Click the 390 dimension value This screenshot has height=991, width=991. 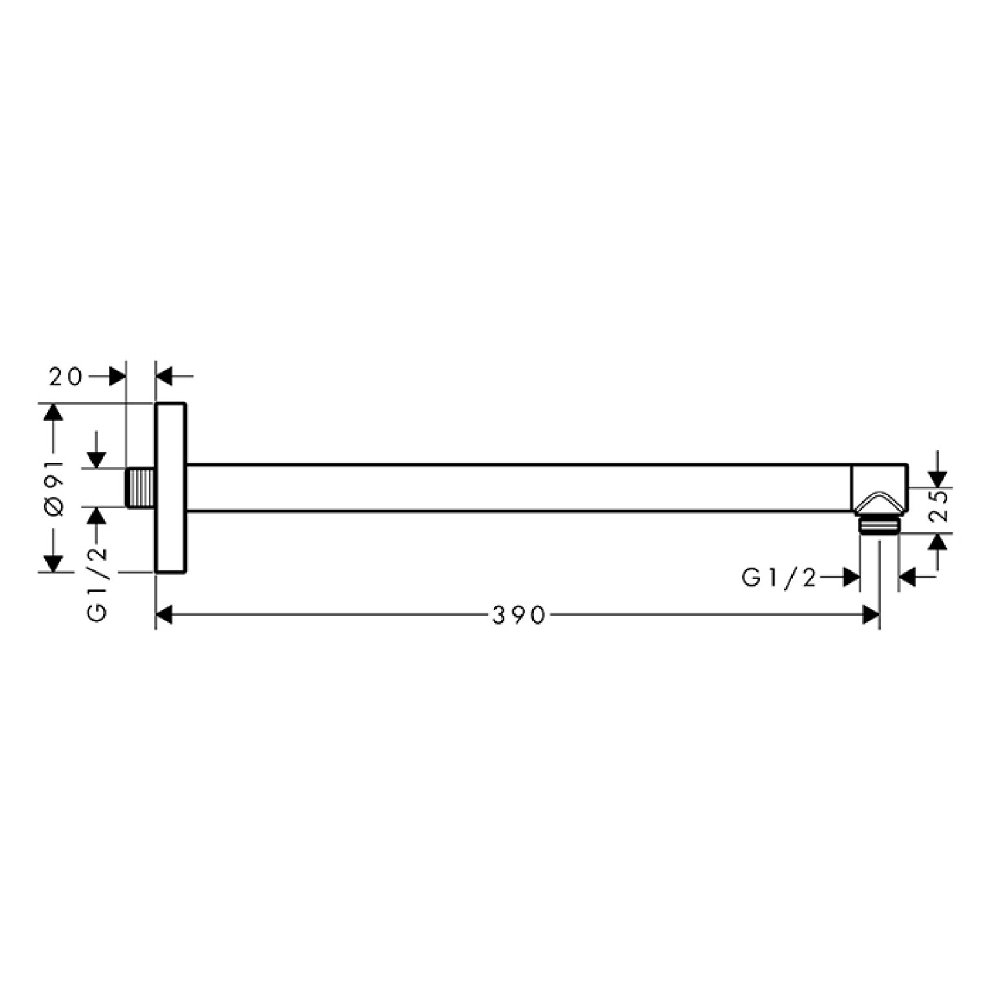519,616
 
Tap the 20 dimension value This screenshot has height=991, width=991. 67,377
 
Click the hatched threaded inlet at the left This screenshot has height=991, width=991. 140,488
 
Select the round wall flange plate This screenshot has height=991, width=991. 171,488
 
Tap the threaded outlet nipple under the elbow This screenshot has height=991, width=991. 878,525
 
